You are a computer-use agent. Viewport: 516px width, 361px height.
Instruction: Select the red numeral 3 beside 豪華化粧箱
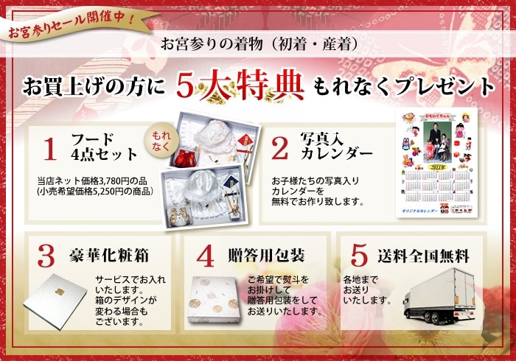click(x=46, y=256)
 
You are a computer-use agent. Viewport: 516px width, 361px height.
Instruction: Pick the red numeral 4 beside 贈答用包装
click(x=206, y=256)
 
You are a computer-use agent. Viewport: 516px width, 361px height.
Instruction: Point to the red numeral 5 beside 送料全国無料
click(x=358, y=256)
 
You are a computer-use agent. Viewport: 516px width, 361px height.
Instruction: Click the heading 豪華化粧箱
click(x=111, y=256)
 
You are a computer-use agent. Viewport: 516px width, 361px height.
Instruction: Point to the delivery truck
click(x=439, y=295)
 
